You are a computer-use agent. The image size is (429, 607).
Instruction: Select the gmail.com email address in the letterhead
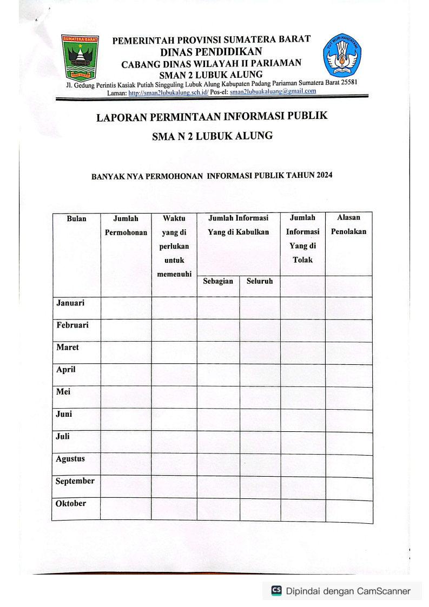[x=273, y=91]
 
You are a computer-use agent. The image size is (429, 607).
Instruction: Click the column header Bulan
[x=76, y=219]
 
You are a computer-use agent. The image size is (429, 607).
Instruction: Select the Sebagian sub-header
[x=218, y=282]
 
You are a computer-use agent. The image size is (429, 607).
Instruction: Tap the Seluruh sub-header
[x=260, y=282]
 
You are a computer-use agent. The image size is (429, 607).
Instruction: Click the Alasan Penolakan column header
[x=348, y=225]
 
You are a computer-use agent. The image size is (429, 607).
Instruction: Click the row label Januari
[x=70, y=303]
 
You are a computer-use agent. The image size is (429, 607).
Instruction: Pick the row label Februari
[x=72, y=325]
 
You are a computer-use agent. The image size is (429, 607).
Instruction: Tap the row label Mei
[x=63, y=392]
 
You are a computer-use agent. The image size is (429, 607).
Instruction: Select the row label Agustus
[x=70, y=459]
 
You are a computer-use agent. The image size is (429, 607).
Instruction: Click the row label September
[x=75, y=481]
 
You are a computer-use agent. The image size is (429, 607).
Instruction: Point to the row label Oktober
[x=71, y=504]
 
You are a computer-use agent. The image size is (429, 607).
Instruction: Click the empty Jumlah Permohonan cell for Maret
[x=126, y=352]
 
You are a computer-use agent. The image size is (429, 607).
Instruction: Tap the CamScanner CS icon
[x=276, y=591]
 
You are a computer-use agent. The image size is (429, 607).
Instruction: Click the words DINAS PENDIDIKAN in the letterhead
[x=211, y=52]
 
